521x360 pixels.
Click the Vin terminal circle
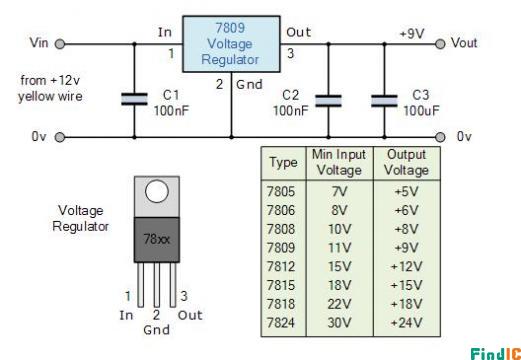point(60,44)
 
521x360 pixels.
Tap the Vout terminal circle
point(440,44)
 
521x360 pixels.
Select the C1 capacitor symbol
point(134,99)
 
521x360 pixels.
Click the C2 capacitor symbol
point(328,101)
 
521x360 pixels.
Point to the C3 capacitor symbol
point(384,101)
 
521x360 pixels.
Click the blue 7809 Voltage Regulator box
point(231,44)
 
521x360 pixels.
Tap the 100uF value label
point(421,111)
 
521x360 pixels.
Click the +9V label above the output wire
point(412,34)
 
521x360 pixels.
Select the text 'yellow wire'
point(50,97)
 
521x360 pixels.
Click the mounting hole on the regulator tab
point(157,191)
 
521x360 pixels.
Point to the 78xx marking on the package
point(157,239)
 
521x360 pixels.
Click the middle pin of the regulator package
point(157,285)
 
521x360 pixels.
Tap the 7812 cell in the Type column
point(281,267)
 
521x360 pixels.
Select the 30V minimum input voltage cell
point(339,323)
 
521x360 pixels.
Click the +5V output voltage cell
point(406,192)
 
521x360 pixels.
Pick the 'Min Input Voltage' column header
point(339,162)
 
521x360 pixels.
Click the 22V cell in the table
point(339,304)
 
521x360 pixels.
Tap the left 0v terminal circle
point(60,137)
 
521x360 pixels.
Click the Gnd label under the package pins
point(156,330)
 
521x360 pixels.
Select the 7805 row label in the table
point(281,192)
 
